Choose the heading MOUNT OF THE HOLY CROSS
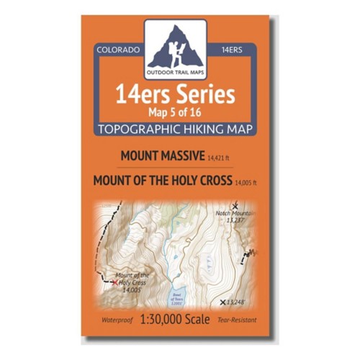coord(162,181)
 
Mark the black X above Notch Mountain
coord(235,206)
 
